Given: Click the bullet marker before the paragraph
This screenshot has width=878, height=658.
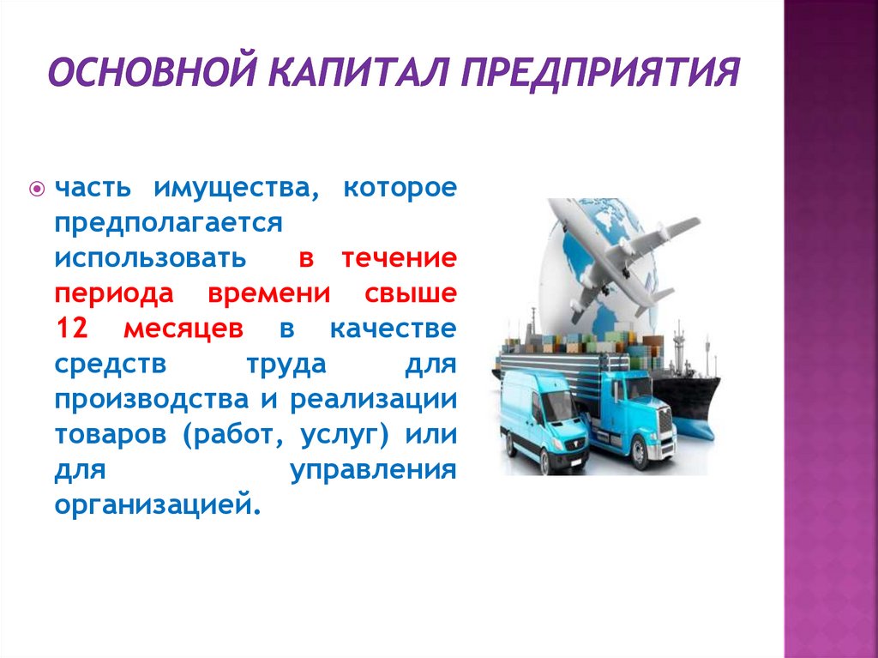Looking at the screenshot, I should point(37,188).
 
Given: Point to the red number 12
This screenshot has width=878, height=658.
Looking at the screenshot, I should point(73,329).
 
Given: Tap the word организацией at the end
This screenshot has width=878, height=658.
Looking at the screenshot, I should point(155,504).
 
